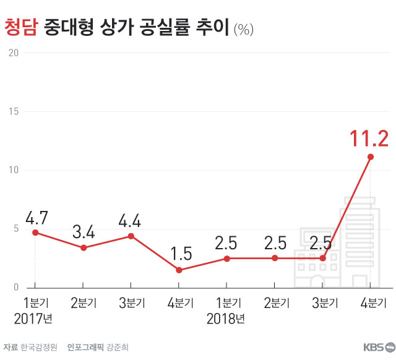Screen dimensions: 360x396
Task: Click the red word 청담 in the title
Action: (22, 27)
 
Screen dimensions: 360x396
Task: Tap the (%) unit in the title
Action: (243, 29)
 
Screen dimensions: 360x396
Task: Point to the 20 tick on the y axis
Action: (12, 53)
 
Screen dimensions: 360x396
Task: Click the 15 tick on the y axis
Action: (12, 112)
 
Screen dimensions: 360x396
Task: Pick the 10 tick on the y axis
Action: (12, 171)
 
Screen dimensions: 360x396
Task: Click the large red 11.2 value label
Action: (369, 139)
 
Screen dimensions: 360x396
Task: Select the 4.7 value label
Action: (37, 218)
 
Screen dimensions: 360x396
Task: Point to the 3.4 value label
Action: (84, 233)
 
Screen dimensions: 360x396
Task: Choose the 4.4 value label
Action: (131, 221)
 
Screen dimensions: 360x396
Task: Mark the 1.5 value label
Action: (179, 254)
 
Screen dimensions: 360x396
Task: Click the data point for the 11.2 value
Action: (370, 156)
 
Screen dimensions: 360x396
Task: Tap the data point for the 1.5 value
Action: (179, 270)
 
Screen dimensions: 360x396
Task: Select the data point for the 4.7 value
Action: (35, 233)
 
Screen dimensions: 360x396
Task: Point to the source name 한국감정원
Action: (39, 347)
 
